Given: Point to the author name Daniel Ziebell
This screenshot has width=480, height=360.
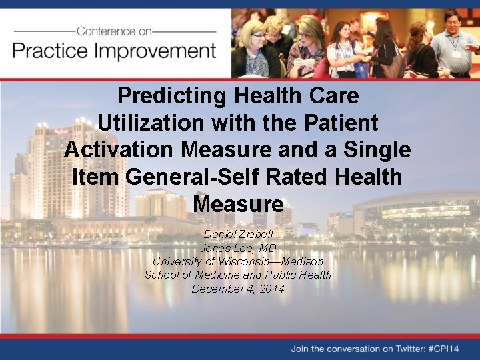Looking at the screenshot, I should coord(238,235).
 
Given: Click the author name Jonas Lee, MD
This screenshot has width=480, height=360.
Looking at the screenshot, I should coord(238,248).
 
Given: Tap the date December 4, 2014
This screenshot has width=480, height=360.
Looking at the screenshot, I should coord(238,289).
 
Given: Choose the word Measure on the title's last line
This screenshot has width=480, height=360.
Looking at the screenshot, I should coord(238,203).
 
